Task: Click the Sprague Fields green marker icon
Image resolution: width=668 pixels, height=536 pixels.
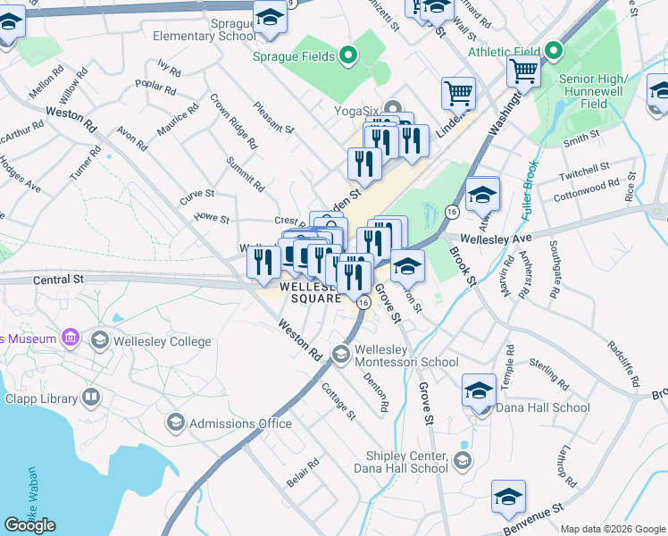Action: (350, 57)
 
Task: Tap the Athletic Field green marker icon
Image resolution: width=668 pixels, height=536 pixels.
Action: (554, 50)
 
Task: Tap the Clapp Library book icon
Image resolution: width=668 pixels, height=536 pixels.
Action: (91, 396)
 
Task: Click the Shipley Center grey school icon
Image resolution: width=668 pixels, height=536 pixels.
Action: (462, 460)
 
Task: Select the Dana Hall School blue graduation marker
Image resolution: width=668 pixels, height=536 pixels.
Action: (480, 391)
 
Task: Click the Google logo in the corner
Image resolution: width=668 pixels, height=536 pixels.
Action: (29, 525)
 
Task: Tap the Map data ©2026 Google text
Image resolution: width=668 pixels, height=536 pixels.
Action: (612, 529)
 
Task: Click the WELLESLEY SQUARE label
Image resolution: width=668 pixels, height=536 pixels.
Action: (309, 293)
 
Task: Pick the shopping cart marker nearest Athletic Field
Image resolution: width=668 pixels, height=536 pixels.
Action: (523, 71)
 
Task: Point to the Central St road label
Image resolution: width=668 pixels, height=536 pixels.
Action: (59, 279)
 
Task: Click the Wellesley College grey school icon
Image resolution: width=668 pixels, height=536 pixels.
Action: (99, 340)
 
